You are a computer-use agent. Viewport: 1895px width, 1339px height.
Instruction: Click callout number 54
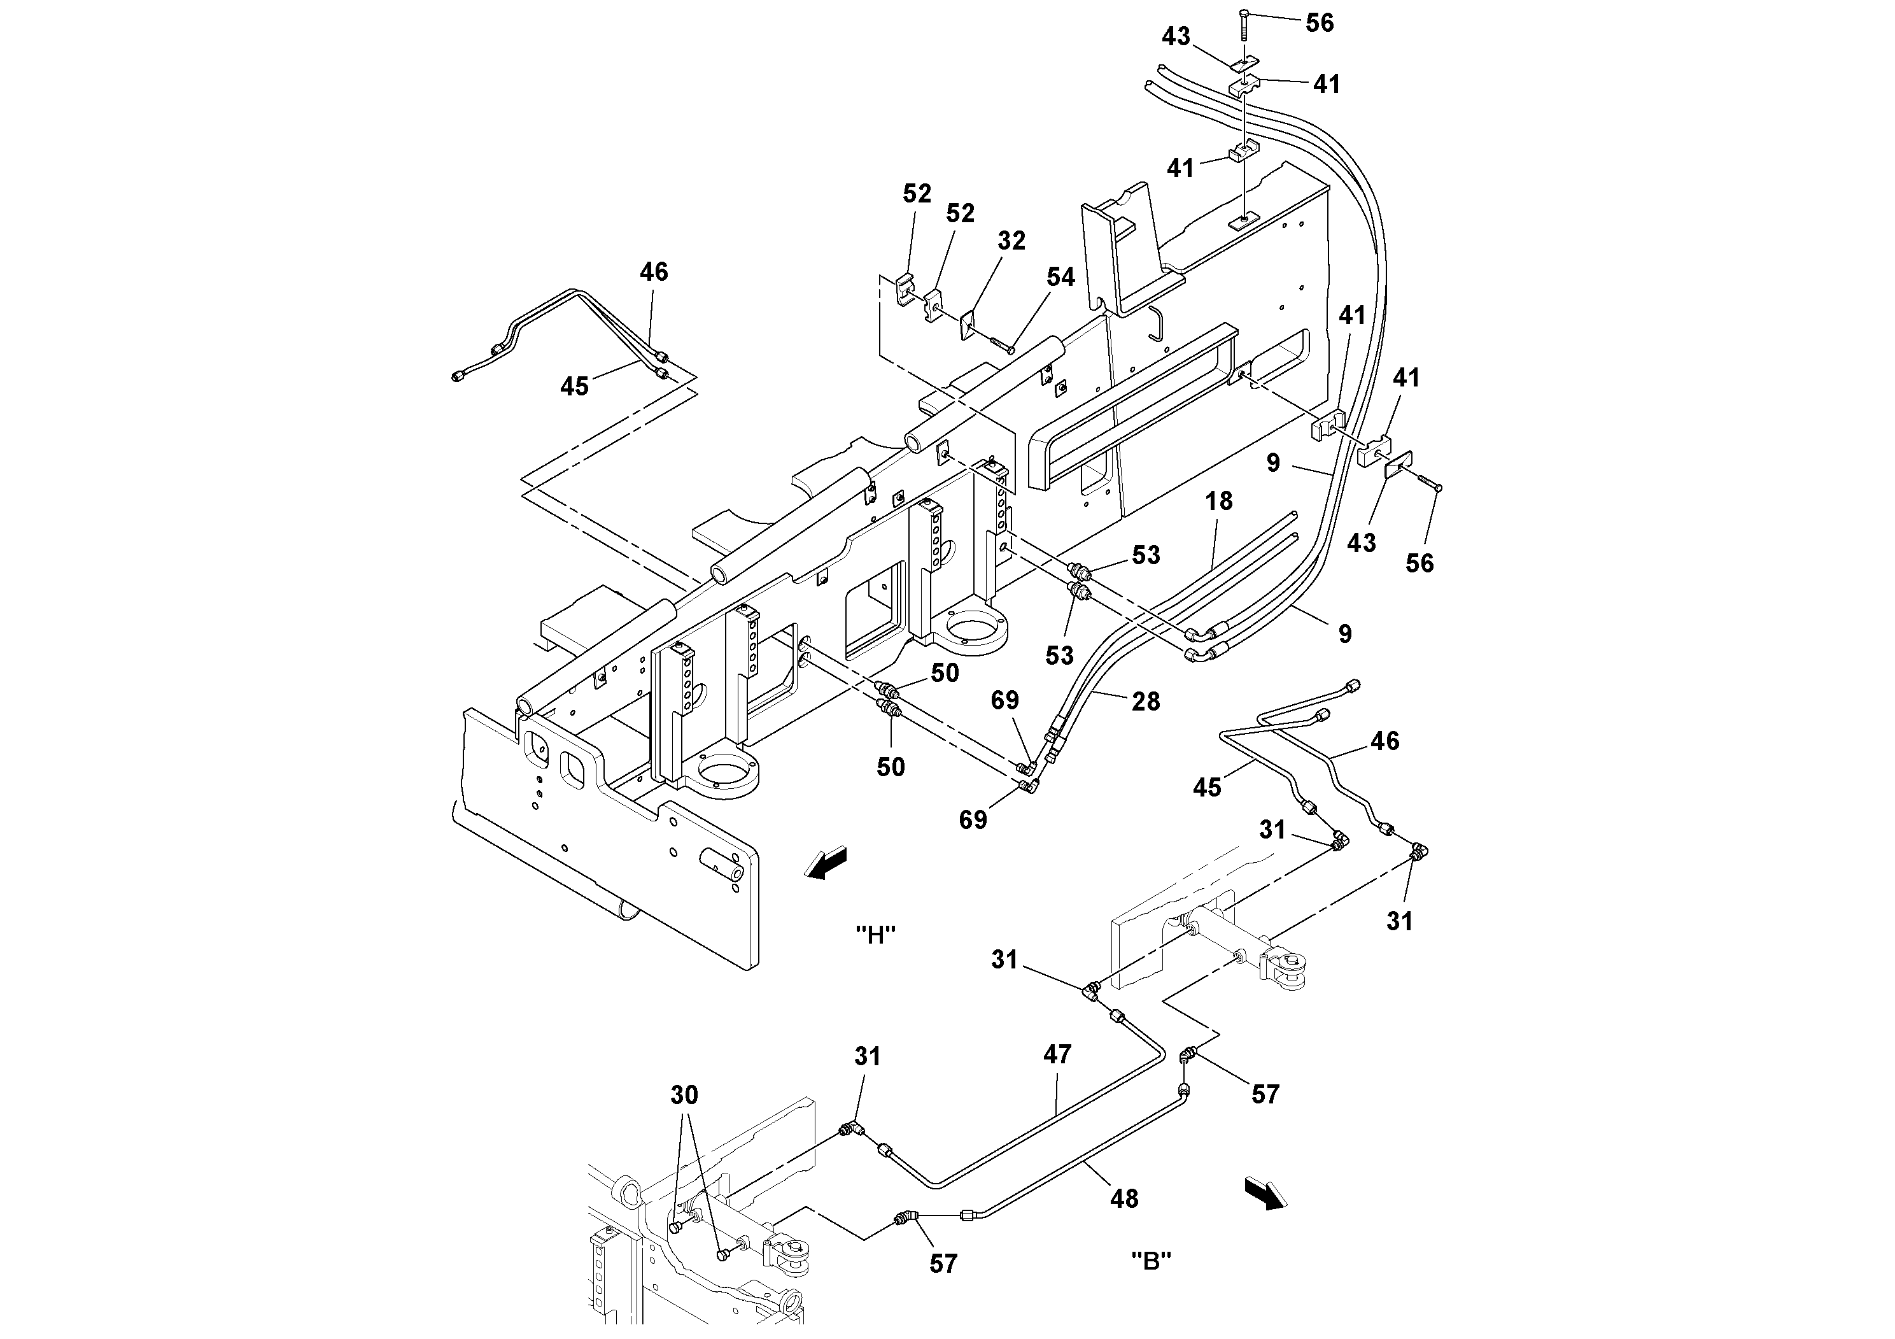point(1060,278)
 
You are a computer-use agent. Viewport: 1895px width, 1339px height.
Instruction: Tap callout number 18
point(1218,501)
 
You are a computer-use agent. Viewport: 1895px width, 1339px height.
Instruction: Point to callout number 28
point(1146,702)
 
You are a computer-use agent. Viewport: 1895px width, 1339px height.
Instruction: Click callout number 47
point(1057,1054)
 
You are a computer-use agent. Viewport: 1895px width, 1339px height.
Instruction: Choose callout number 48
point(1124,1199)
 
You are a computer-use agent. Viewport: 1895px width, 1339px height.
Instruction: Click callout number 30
point(684,1096)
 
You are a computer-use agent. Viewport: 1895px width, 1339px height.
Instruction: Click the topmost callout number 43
point(1176,37)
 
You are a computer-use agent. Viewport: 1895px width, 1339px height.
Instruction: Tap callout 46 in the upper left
point(654,273)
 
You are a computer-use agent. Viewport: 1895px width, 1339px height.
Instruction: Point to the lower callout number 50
point(891,768)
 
